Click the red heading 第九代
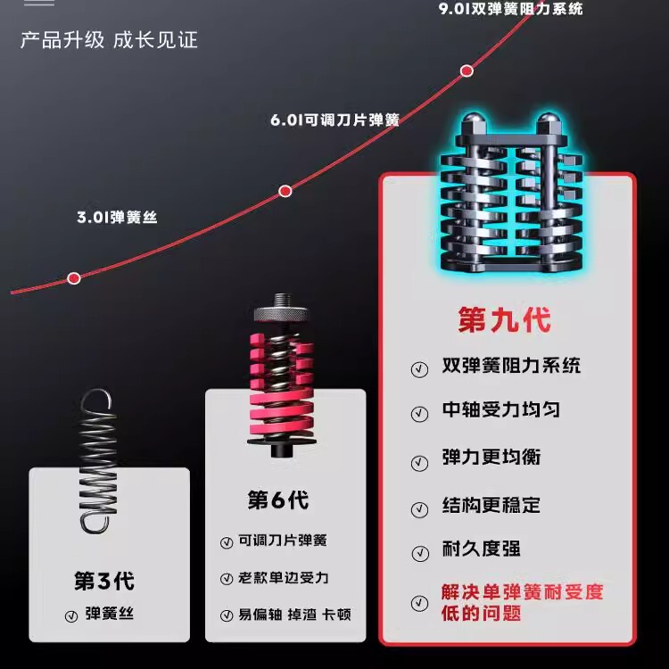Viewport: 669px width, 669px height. click(x=504, y=318)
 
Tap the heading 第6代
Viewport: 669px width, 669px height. click(x=277, y=500)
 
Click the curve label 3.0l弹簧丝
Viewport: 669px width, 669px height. click(x=117, y=216)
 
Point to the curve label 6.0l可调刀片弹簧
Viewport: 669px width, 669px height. click(x=334, y=119)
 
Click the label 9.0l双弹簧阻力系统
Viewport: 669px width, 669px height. click(x=510, y=9)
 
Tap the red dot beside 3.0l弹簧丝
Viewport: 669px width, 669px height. click(x=74, y=278)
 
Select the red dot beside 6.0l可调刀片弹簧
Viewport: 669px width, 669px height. click(x=285, y=190)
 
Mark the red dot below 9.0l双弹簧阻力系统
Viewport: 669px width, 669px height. click(x=466, y=70)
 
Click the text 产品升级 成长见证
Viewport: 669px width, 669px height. click(x=109, y=40)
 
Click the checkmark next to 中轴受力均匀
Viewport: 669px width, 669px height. click(x=419, y=414)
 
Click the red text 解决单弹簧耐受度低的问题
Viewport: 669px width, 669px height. click(x=522, y=602)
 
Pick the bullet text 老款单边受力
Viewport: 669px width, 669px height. click(x=284, y=577)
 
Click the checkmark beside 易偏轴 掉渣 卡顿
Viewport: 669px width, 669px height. click(x=226, y=615)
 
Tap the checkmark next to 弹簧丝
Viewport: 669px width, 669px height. click(x=70, y=615)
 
